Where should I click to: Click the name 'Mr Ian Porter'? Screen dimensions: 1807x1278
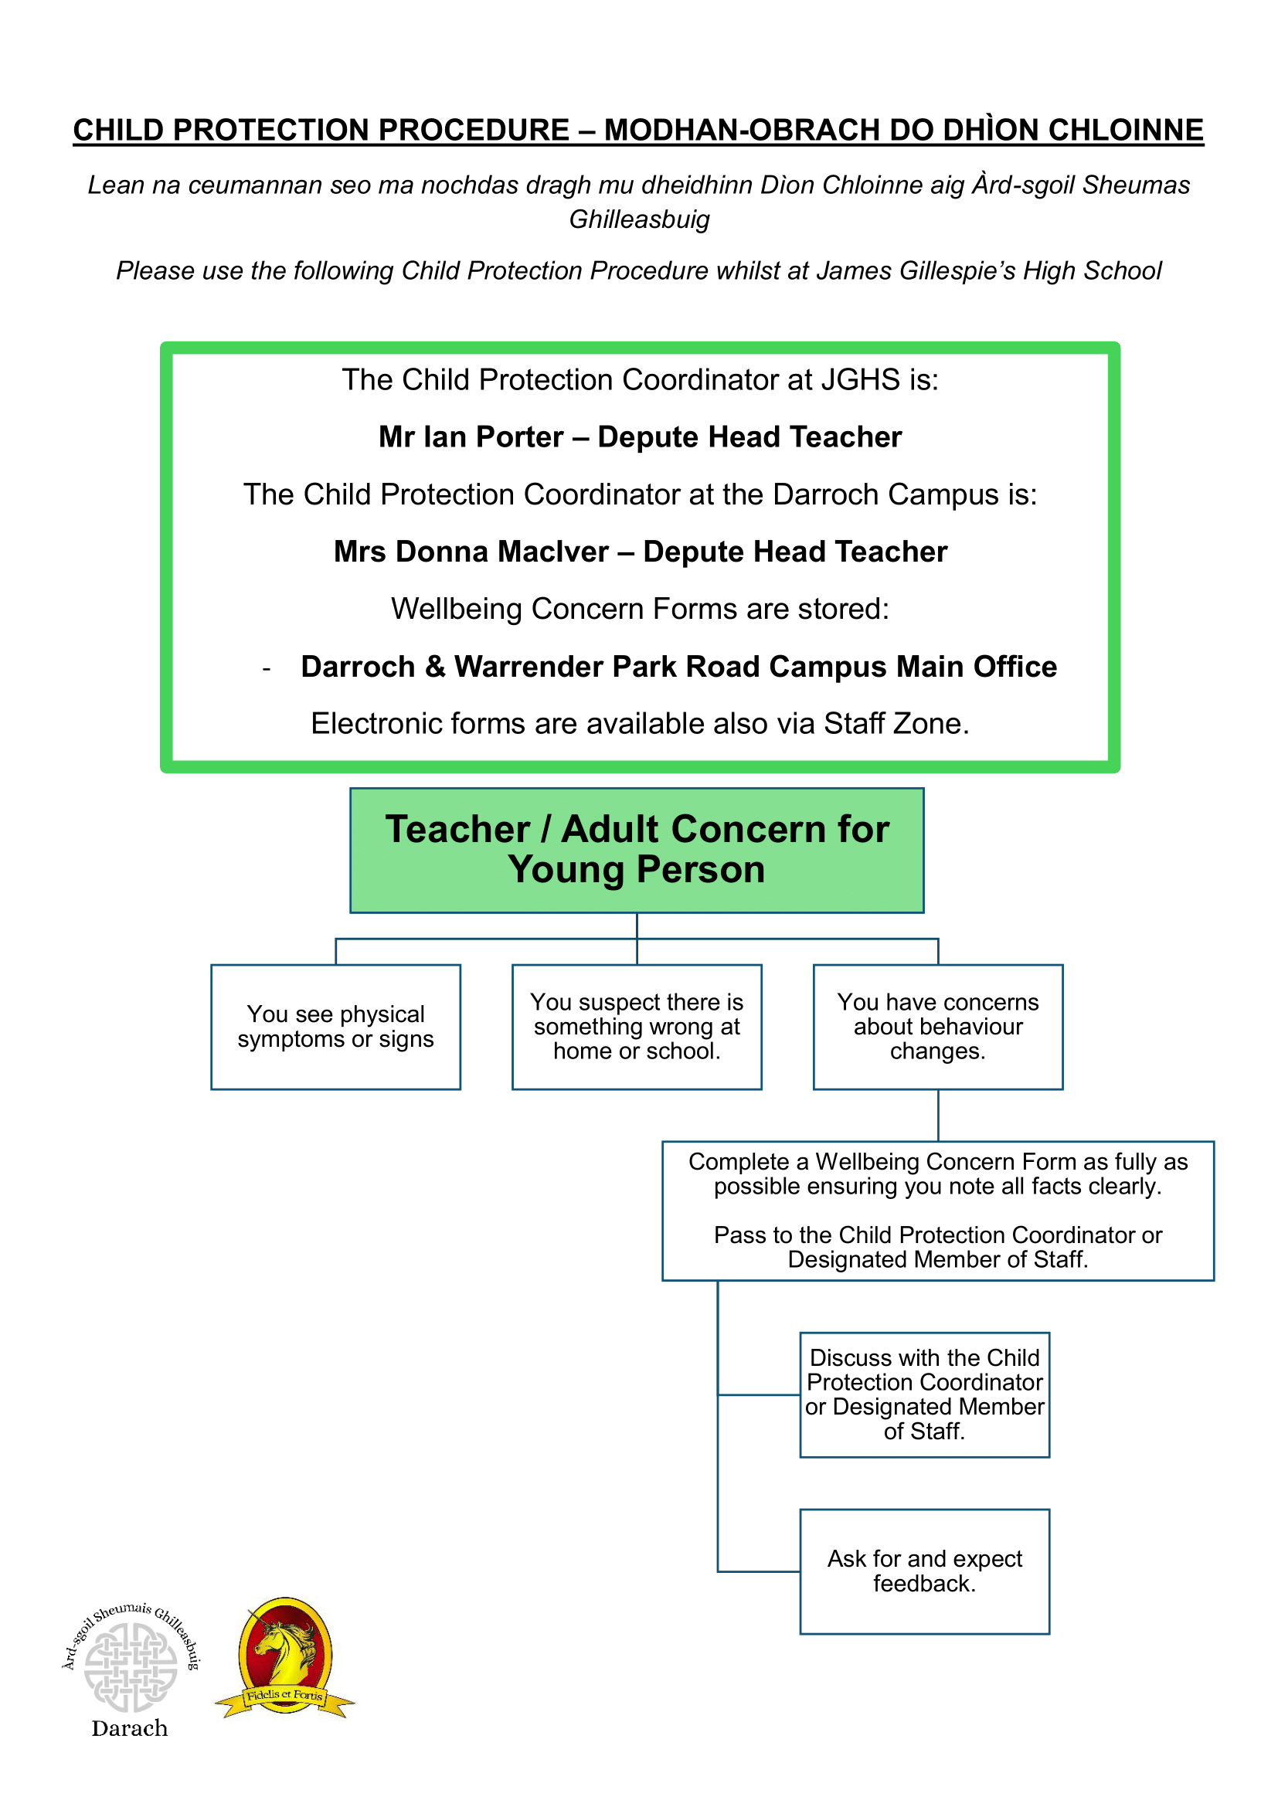471,436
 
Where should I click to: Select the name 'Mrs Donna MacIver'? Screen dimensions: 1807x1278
471,552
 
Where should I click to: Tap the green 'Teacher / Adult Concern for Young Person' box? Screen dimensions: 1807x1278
637,850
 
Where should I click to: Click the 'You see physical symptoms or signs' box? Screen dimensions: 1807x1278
335,1026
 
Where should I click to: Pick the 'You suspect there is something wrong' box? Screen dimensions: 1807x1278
637,1026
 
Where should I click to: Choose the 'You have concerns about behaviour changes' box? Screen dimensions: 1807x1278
937,1026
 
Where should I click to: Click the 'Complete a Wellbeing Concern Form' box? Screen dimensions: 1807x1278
937,1211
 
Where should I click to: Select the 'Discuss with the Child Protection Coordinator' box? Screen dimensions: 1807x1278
924,1394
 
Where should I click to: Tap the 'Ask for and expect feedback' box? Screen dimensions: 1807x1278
924,1571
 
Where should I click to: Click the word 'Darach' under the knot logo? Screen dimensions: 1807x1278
130,1728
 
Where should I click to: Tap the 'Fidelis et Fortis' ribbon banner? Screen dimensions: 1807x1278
284,1695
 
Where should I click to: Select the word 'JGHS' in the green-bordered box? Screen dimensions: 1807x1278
861,380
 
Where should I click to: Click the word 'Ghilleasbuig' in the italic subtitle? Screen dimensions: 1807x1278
639,219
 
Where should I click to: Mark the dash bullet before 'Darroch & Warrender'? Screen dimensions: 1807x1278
267,669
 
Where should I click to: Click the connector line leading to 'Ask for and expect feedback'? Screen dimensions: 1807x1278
758,1571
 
